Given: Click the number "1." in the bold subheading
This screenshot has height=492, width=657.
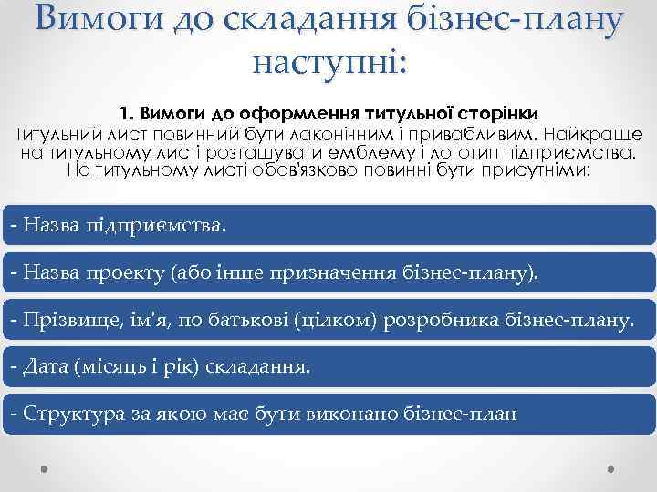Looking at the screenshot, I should pyautogui.click(x=127, y=113).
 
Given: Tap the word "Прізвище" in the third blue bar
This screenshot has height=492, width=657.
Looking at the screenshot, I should pyautogui.click(x=57, y=320).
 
